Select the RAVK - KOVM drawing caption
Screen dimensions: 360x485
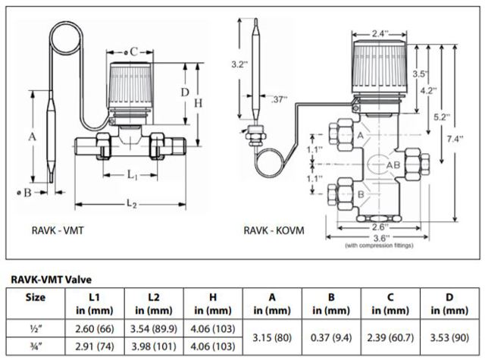coord(274,230)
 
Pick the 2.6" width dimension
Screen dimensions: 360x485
coord(380,225)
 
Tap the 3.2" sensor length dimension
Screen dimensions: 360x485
coord(239,64)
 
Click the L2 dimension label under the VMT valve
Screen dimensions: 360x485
coord(131,204)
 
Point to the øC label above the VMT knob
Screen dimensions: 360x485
coord(132,52)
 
